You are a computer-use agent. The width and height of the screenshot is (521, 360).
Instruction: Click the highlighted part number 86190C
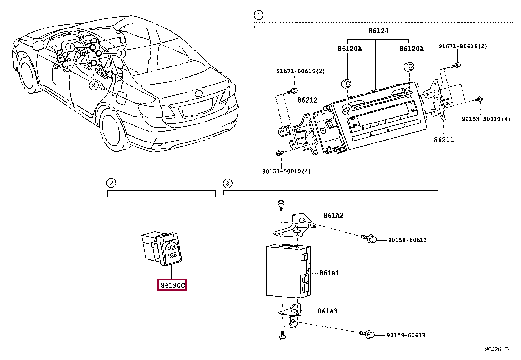click(172, 285)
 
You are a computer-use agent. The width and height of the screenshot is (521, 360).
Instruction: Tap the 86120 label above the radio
click(378, 31)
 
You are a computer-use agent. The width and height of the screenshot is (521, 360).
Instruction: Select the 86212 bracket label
click(308, 100)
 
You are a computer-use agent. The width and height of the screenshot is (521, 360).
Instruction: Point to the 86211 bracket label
click(443, 140)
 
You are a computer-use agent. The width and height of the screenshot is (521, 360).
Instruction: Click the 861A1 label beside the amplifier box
click(329, 273)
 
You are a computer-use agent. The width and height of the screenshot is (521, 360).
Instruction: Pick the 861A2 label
click(333, 215)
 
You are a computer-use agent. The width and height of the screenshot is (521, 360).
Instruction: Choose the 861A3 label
click(328, 311)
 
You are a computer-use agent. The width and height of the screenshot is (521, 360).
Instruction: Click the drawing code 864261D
click(496, 349)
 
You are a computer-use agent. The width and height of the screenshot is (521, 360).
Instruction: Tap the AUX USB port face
click(172, 252)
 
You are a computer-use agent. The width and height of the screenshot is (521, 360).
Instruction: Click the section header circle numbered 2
click(111, 183)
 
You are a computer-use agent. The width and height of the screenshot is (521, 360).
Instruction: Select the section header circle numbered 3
click(227, 183)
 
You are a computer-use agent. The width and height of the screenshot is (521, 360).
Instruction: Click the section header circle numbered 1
click(259, 15)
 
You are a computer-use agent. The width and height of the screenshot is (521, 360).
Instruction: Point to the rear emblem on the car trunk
click(198, 93)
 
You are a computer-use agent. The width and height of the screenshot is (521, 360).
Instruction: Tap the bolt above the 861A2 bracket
click(281, 205)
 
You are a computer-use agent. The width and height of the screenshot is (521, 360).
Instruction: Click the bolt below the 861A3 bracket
click(283, 336)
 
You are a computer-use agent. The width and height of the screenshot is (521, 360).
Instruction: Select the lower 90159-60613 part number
click(406, 335)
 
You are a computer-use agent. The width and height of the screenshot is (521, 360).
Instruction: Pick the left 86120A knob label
click(350, 49)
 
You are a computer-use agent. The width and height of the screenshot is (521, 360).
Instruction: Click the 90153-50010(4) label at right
click(486, 119)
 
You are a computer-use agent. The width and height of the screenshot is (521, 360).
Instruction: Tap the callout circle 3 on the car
click(121, 53)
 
